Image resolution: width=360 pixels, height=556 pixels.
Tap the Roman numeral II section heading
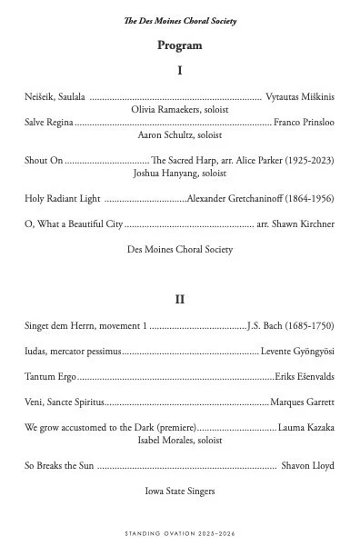pos(179,299)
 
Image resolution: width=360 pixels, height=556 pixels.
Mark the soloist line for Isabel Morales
pos(179,440)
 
